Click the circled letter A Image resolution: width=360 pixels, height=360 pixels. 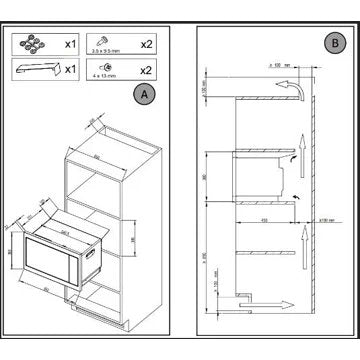coord(147,95)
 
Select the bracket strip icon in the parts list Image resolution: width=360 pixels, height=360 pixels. coord(36,68)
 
